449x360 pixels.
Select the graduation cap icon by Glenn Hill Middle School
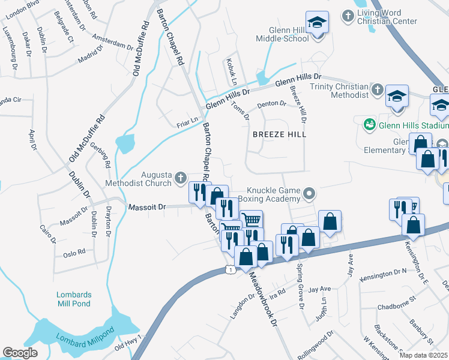point(317,23)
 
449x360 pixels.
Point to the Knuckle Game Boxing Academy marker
point(309,193)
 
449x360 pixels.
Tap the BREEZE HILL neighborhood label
point(279,134)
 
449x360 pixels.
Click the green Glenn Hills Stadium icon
point(370,124)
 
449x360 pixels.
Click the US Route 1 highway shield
point(231,271)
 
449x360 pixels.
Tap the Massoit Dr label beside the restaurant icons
point(146,207)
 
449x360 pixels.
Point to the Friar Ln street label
point(187,122)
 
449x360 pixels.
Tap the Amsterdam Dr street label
point(113,41)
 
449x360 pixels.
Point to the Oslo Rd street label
point(74,253)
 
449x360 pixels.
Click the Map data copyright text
point(424,355)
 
